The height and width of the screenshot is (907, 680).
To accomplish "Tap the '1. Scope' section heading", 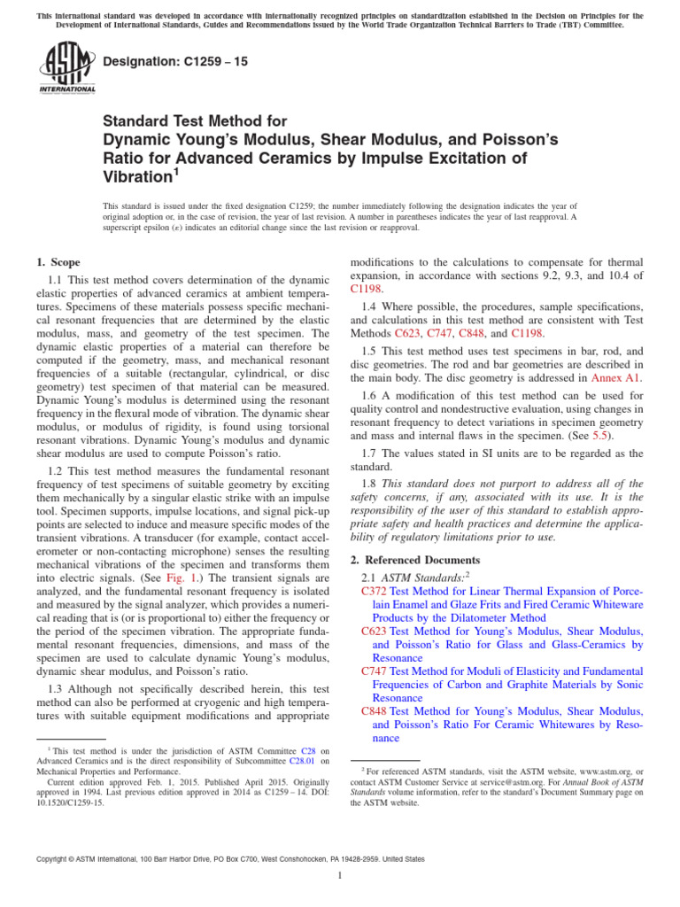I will click(x=58, y=262).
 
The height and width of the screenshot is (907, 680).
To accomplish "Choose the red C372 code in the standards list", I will click(x=375, y=590).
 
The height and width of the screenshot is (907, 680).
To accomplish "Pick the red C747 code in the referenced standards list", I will click(x=375, y=671).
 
